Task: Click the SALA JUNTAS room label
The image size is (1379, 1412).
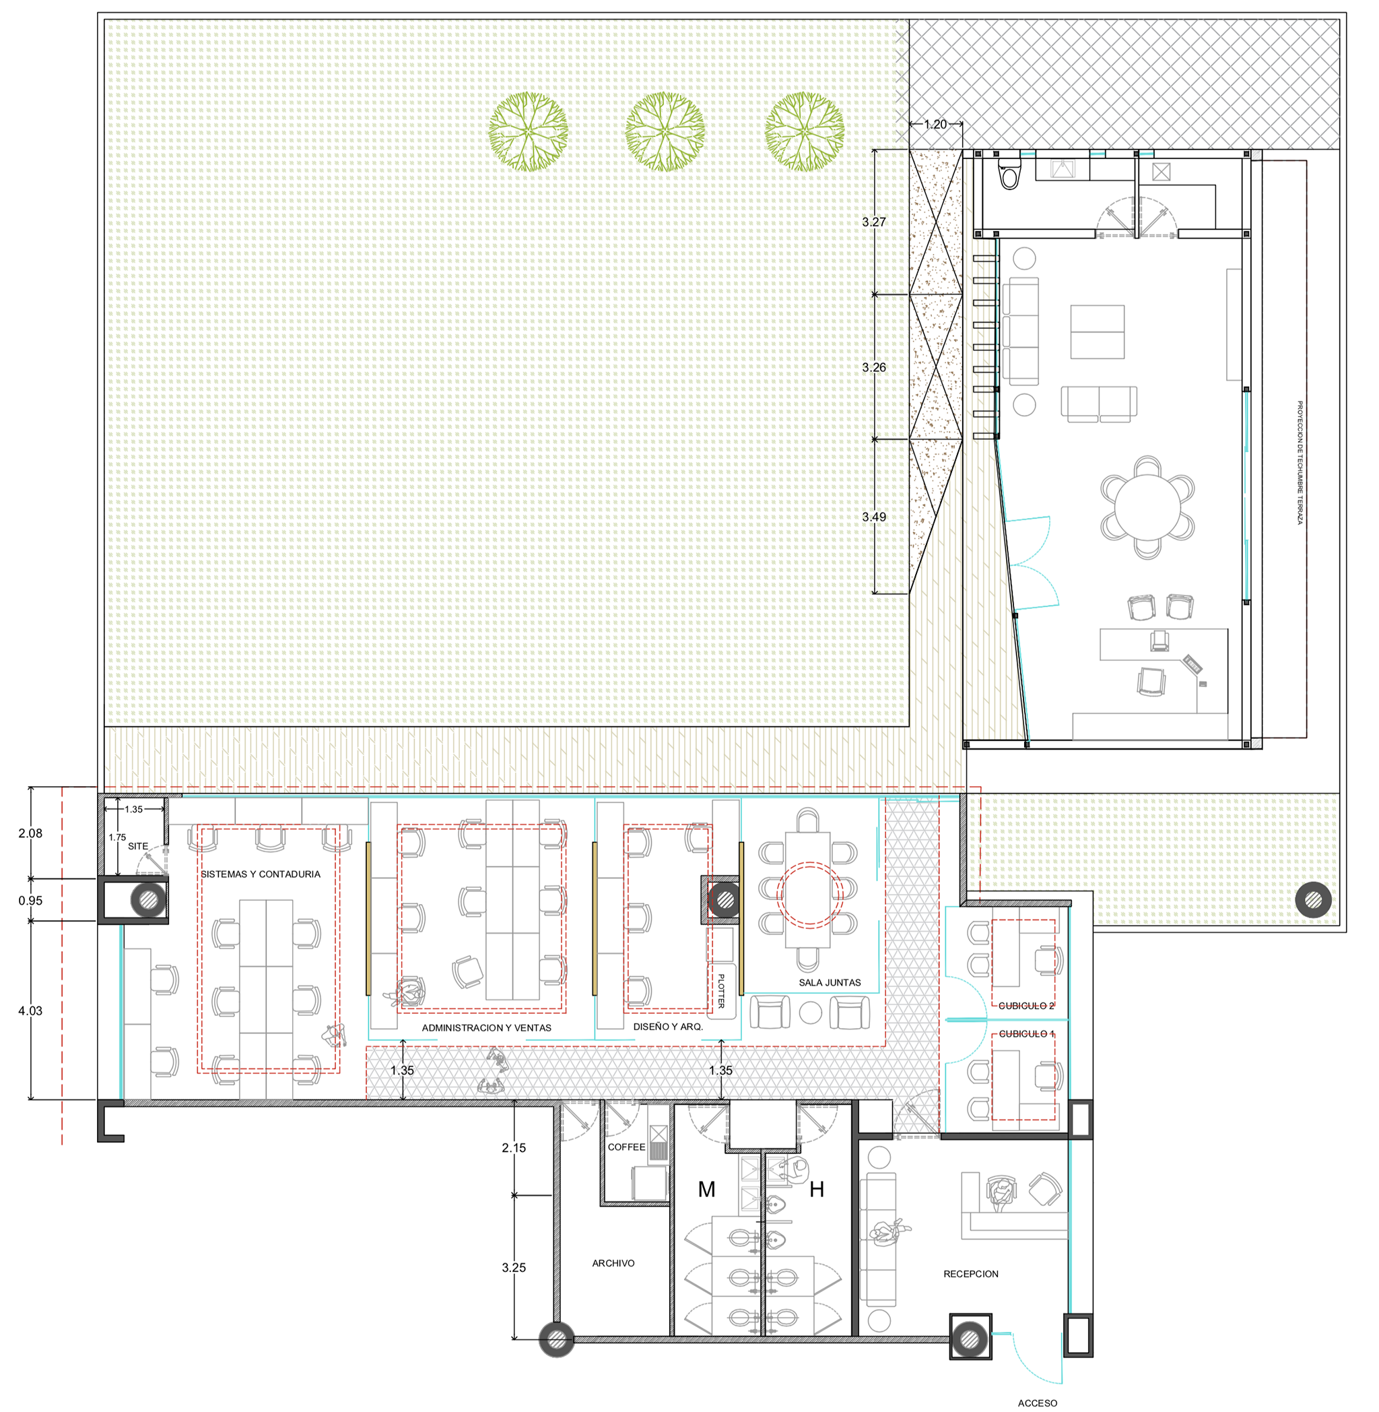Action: click(x=830, y=982)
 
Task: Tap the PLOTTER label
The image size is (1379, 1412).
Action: click(x=720, y=990)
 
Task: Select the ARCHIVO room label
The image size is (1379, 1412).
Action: click(x=613, y=1262)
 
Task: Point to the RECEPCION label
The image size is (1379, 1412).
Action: click(x=970, y=1274)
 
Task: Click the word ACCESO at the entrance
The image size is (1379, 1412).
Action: click(x=1037, y=1403)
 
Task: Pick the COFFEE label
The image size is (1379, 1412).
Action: click(x=626, y=1147)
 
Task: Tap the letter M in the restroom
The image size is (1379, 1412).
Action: click(x=706, y=1189)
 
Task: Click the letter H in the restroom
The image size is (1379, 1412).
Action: click(x=816, y=1189)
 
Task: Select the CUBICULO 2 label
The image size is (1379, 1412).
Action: click(x=1025, y=1006)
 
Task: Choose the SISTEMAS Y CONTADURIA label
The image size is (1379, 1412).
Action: click(x=260, y=874)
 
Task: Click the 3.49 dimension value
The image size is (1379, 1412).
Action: click(x=873, y=517)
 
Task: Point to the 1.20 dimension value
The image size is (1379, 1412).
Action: click(x=935, y=124)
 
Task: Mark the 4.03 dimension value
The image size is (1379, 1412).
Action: click(x=30, y=1010)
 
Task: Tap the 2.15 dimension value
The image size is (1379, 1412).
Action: click(x=514, y=1147)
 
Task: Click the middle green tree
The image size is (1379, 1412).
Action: click(x=665, y=131)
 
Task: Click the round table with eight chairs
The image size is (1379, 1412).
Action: click(x=1147, y=507)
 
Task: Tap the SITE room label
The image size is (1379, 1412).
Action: click(x=137, y=846)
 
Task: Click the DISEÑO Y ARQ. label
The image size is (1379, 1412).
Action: click(x=668, y=1027)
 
